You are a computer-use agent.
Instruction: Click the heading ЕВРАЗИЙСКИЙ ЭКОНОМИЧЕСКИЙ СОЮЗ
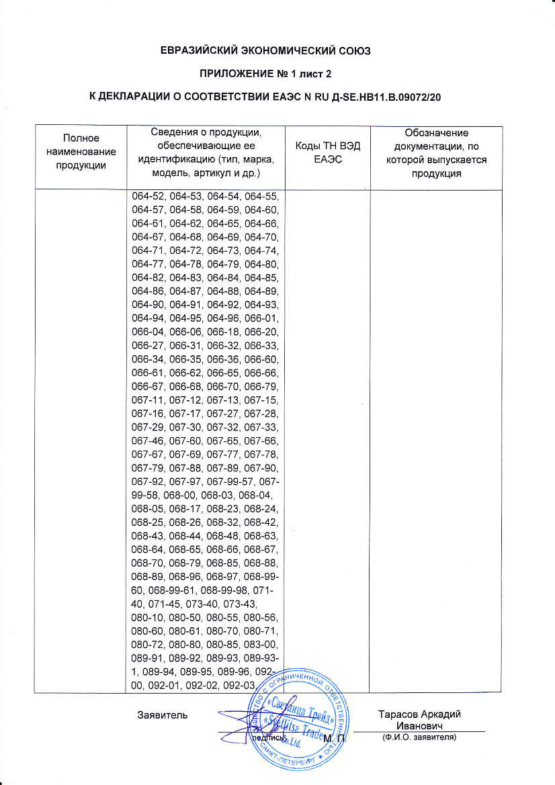277,50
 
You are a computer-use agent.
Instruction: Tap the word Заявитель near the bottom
161,713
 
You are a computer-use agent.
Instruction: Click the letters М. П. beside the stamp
333,739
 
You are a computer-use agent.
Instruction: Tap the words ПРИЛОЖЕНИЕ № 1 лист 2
277,74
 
